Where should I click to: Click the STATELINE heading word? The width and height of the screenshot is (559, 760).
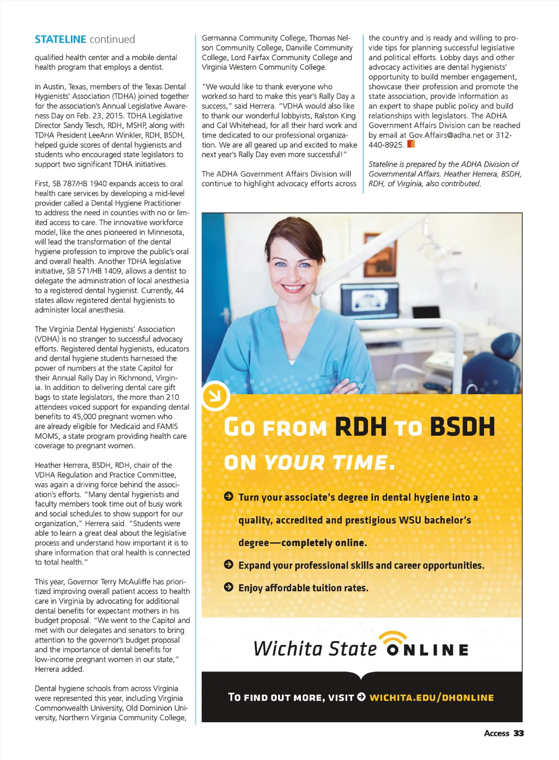pos(60,39)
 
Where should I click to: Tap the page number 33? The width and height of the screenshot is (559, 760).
pos(518,733)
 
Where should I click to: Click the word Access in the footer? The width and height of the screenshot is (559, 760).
pos(496,733)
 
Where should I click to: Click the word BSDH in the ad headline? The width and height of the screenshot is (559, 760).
pos(462,427)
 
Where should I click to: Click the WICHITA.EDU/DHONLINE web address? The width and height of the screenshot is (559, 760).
pos(431,697)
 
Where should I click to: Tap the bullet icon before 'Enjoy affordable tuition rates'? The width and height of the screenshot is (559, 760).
pos(229,587)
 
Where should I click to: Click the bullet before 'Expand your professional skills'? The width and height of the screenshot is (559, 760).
pos(229,565)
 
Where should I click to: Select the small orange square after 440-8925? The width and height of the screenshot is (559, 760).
pos(411,144)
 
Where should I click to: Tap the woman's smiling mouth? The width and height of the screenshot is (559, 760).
pos(293,287)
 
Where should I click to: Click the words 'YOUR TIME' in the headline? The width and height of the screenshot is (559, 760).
pos(325,463)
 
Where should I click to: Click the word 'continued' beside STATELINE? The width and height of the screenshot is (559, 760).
pos(112,39)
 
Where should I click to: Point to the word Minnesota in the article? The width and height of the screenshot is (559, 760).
pos(166,232)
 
